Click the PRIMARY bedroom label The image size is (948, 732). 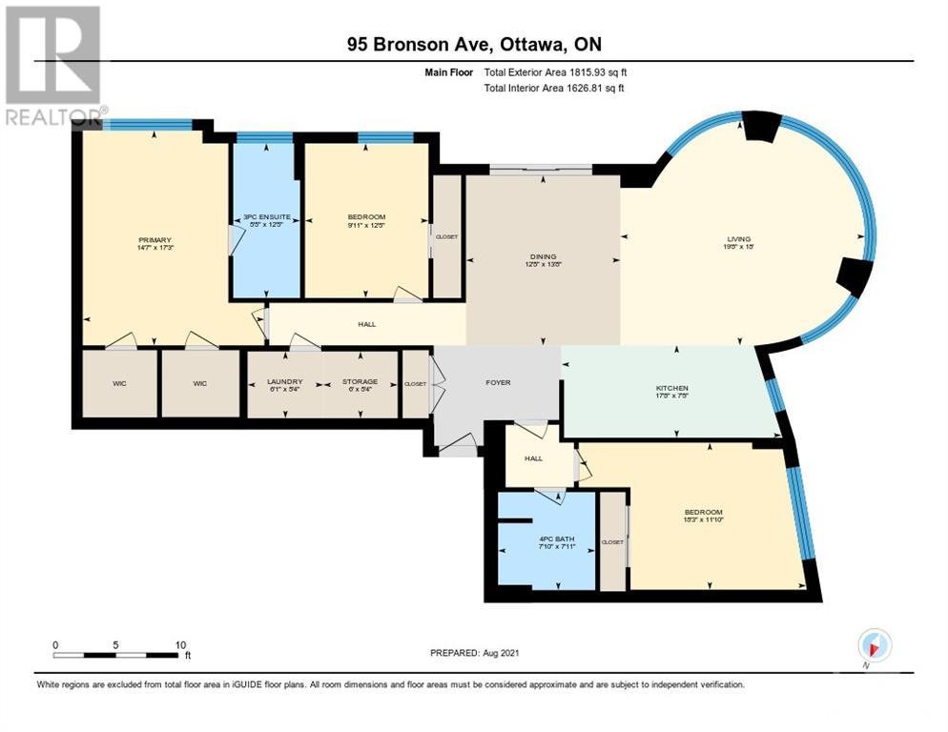coord(155,240)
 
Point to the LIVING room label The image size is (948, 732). coord(739,238)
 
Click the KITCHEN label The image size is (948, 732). coord(671,389)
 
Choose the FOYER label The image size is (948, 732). coord(498,382)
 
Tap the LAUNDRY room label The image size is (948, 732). coord(284,382)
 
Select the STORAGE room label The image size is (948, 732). coord(360,382)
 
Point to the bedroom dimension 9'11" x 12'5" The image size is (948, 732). coord(366,225)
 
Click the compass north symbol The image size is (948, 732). coord(874,644)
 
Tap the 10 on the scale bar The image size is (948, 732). coord(181,644)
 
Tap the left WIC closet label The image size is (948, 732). coord(119,383)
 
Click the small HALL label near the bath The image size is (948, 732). coord(533,458)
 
